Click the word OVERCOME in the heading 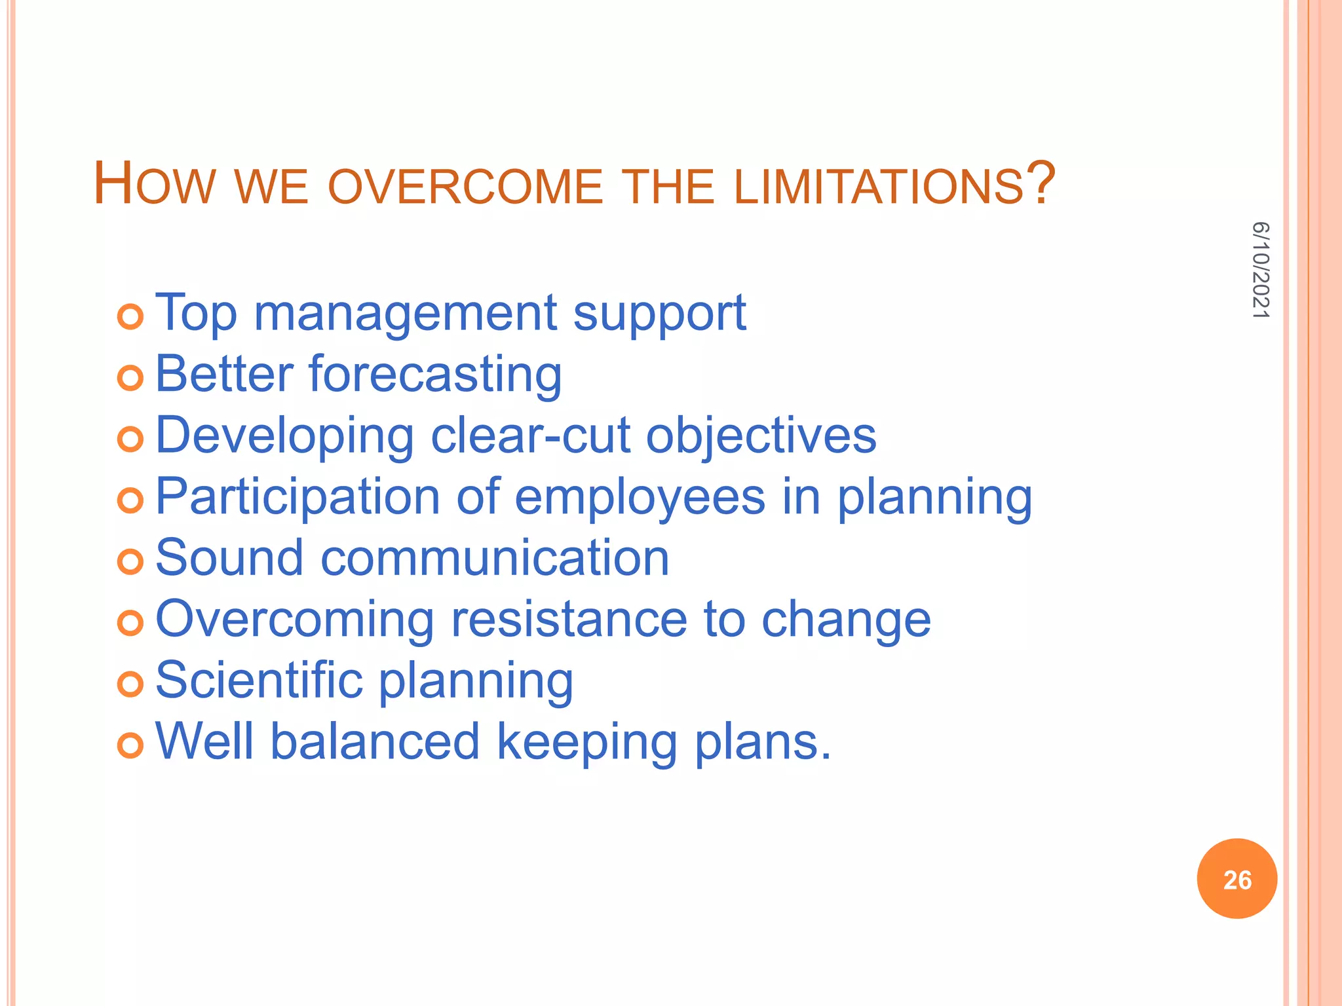[x=465, y=187]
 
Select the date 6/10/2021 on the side [x=1261, y=270]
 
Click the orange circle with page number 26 [x=1237, y=879]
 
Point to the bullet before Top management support [x=130, y=317]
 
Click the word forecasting [x=435, y=375]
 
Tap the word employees [x=640, y=497]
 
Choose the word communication [x=495, y=558]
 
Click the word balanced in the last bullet [x=375, y=741]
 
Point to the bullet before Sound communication [x=130, y=562]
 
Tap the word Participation [x=297, y=497]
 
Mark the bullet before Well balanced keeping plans [x=130, y=746]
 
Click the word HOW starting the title [x=155, y=185]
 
